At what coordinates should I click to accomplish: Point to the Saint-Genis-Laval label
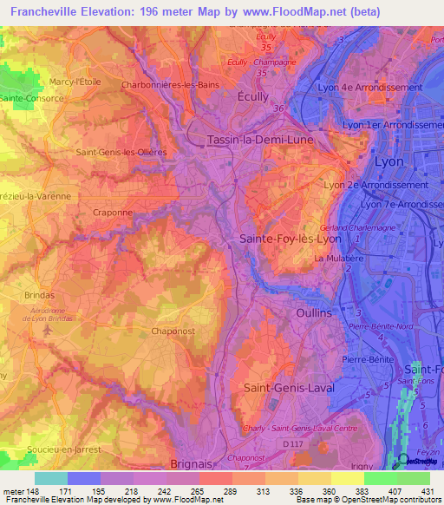tap(289, 388)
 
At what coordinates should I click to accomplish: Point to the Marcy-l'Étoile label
tap(76, 82)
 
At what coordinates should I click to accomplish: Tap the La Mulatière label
tap(336, 259)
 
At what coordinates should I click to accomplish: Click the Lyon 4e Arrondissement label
tap(382, 89)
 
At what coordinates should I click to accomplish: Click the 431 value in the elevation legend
tap(427, 491)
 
